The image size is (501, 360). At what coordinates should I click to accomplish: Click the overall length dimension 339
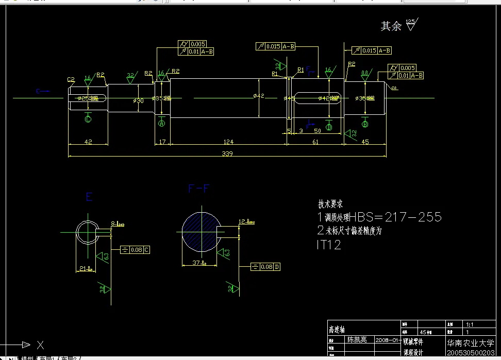pos(227,153)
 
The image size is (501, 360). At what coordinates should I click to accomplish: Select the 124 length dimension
pos(228,142)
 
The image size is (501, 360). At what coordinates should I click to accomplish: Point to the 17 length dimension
pos(162,142)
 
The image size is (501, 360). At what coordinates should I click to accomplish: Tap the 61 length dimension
pos(315,142)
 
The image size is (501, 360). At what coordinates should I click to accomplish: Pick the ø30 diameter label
pos(138,101)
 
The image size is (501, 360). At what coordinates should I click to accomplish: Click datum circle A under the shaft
pos(162,123)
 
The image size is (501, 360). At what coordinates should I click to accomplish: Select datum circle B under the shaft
pos(365,124)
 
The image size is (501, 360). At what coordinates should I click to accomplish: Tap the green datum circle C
pos(88,119)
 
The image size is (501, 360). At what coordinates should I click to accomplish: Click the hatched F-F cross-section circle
pos(202,232)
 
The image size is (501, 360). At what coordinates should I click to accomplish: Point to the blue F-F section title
pos(199,188)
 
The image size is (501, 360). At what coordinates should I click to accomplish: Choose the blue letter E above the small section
pos(89,197)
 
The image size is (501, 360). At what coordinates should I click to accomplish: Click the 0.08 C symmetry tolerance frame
pos(135,250)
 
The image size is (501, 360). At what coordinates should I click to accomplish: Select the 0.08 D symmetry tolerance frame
pos(265,267)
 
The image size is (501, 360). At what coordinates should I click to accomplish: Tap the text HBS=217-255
pos(395,217)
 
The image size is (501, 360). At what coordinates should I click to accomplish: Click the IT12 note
pos(328,245)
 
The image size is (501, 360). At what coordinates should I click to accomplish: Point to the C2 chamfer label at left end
pos(71,79)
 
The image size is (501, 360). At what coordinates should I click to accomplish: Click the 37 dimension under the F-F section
pos(196,263)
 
